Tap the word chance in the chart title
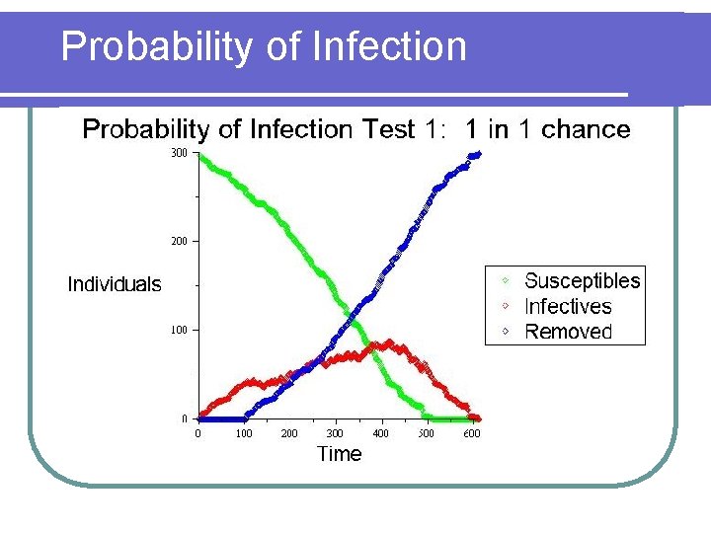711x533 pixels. [586, 129]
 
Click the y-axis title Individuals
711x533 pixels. [114, 285]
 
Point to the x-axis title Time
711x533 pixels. [339, 454]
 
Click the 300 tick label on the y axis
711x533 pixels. [179, 153]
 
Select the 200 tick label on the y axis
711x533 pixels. [179, 241]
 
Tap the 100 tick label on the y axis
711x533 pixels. [179, 330]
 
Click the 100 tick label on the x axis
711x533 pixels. [243, 433]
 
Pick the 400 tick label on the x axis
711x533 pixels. [380, 433]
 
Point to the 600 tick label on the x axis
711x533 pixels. [472, 433]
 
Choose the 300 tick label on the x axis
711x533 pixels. [335, 433]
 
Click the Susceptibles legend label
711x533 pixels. [582, 281]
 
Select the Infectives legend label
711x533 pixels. [568, 307]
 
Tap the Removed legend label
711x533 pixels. [568, 333]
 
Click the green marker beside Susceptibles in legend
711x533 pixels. [505, 281]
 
